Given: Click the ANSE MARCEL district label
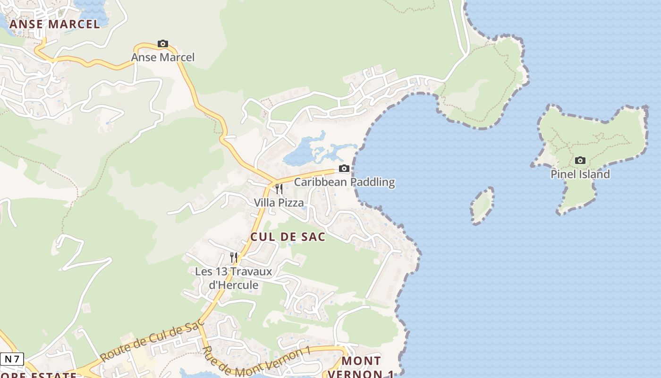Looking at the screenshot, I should (55, 24).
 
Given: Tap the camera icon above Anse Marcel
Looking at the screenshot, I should (163, 44).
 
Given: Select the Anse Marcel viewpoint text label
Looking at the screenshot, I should (162, 57).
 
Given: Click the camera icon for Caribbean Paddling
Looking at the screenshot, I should (344, 169).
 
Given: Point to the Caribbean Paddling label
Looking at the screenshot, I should (344, 182).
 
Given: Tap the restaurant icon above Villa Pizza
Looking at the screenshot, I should (279, 189).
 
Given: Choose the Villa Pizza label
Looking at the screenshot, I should (279, 203).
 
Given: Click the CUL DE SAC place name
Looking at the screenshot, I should (288, 237).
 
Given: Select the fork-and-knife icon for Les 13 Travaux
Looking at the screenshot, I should (234, 258).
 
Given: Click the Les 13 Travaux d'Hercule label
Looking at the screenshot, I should (234, 278).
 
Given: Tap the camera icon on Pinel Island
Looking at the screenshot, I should (580, 161).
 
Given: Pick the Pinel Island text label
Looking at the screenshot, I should (580, 174).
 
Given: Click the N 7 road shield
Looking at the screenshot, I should (12, 359).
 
